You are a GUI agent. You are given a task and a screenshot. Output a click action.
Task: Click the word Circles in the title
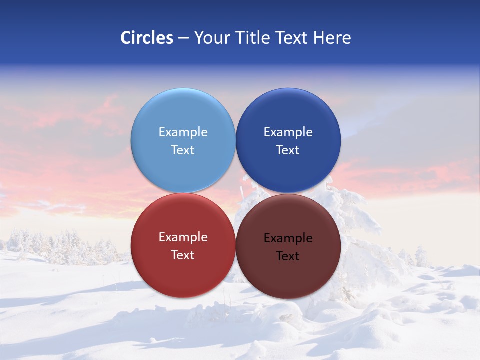click(147, 38)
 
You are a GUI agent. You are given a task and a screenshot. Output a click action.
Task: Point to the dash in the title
click(183, 38)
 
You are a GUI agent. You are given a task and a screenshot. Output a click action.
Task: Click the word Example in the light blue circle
click(183, 132)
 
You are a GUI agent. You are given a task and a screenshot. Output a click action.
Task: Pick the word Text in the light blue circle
click(183, 150)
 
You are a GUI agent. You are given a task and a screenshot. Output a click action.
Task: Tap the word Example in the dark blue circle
click(288, 132)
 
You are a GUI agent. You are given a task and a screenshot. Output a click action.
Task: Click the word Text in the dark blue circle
click(288, 150)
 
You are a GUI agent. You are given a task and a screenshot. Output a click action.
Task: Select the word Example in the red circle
click(183, 237)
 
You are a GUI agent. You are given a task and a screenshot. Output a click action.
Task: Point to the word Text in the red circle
click(183, 255)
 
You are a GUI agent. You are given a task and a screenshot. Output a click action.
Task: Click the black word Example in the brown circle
click(288, 238)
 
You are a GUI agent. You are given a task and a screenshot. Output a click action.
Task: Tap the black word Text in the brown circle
click(288, 256)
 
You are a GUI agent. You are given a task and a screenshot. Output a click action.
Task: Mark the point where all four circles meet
click(235, 193)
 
